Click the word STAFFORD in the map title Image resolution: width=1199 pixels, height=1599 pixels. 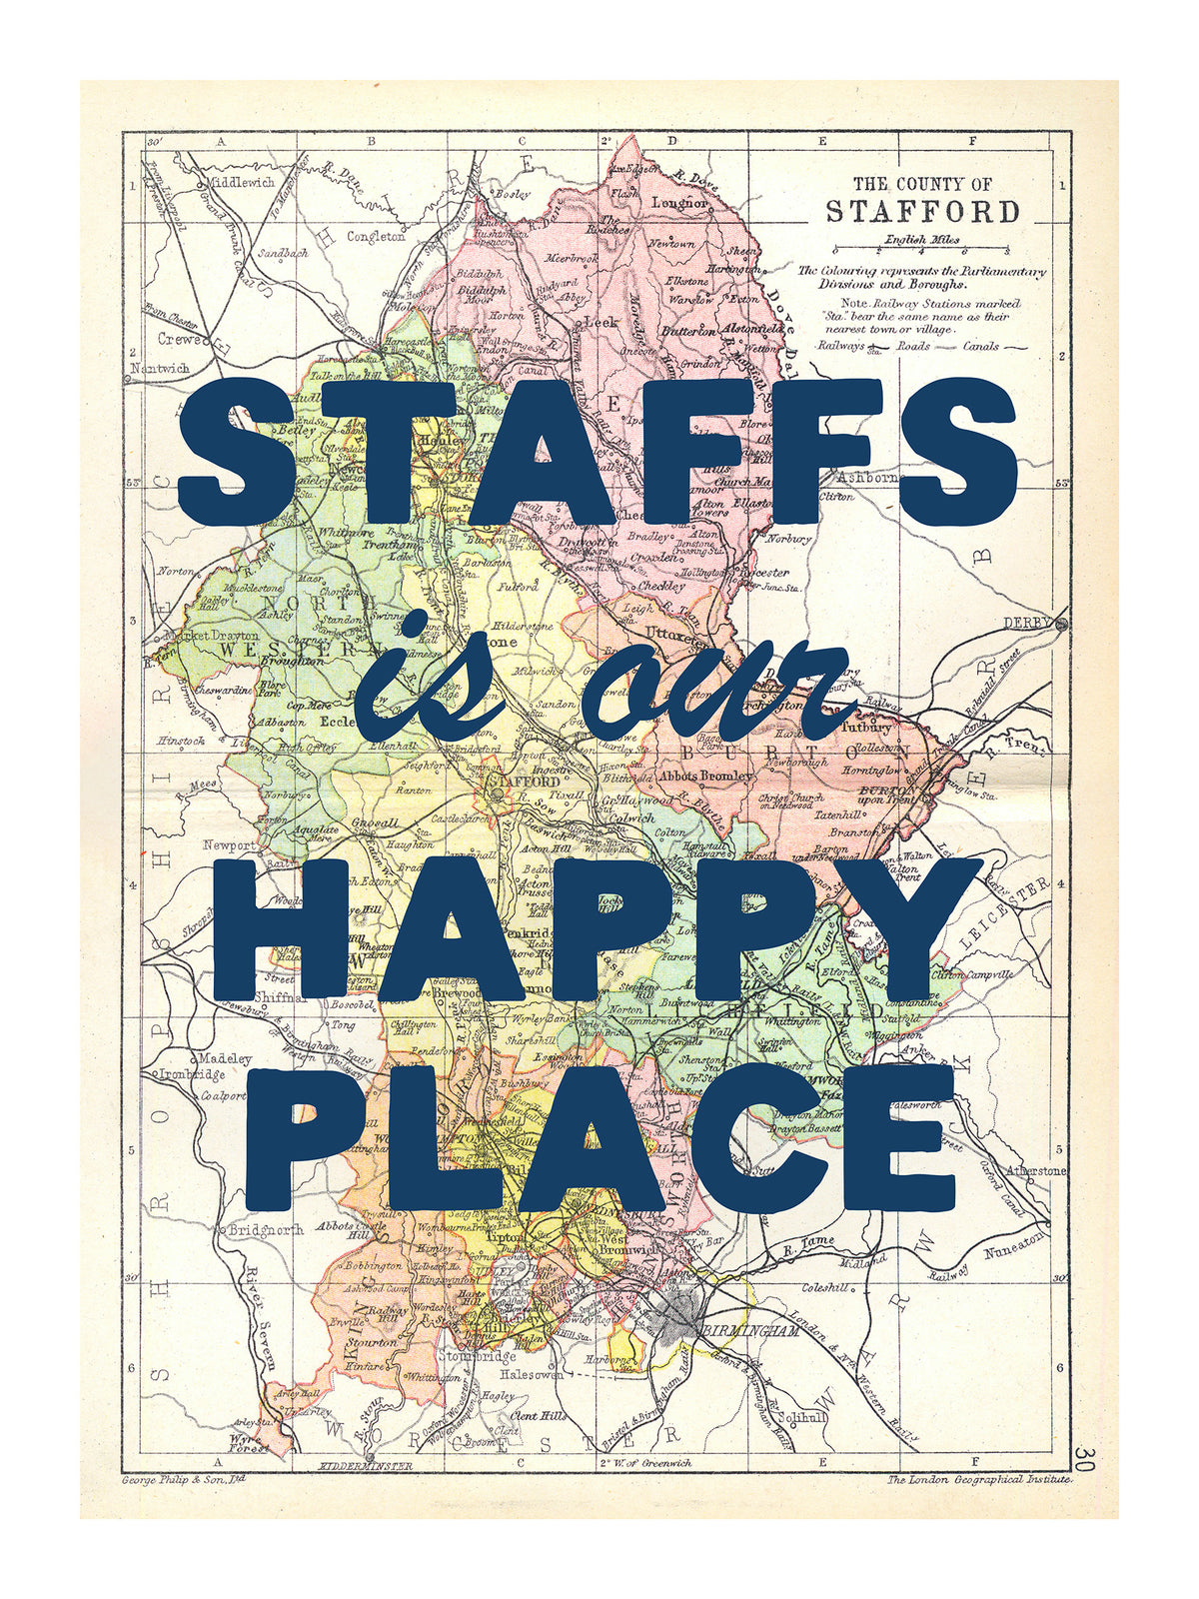[922, 212]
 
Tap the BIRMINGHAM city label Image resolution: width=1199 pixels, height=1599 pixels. [750, 1331]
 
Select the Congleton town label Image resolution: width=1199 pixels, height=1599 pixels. [376, 237]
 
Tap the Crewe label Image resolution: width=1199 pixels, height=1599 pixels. [180, 340]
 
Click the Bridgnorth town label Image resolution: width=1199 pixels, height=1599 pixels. [265, 1230]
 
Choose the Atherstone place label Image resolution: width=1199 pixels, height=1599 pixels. [1037, 1170]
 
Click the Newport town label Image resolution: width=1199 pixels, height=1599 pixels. [229, 845]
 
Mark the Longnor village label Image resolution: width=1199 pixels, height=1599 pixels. [679, 203]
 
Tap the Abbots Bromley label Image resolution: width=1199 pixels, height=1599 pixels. [706, 776]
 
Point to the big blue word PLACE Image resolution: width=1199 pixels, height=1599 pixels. [599, 1139]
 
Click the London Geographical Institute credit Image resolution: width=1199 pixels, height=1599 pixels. [978, 1479]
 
